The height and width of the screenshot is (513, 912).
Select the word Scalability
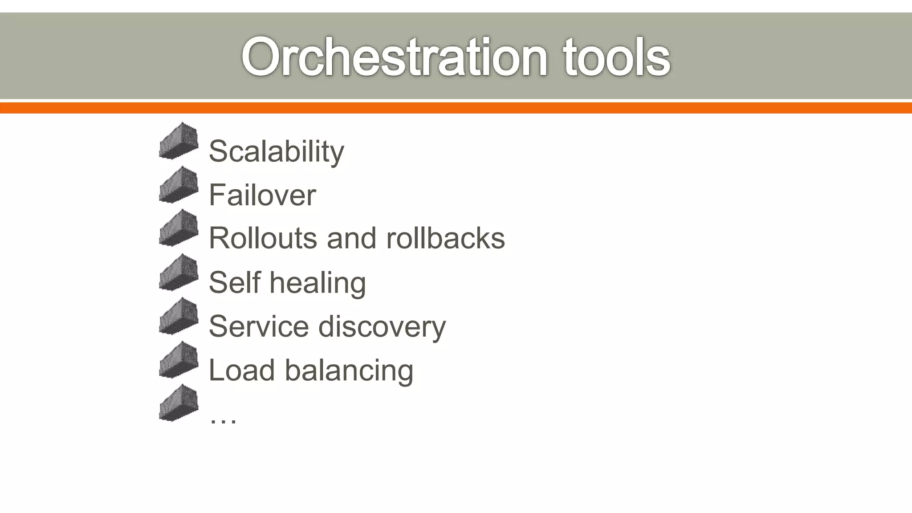[276, 151]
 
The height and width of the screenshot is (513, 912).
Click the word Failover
[262, 195]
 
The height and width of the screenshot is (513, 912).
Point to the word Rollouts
[263, 238]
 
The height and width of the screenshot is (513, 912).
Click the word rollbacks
[445, 238]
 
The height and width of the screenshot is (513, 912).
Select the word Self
[234, 282]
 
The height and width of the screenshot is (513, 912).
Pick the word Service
[258, 326]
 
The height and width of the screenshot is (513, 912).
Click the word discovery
[382, 327]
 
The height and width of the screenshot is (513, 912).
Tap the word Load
[241, 370]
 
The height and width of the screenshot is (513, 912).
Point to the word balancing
[349, 370]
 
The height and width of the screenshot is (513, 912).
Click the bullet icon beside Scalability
[179, 141]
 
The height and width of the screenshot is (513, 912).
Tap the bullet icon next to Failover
[179, 185]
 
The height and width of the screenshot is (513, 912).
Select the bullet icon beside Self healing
[179, 273]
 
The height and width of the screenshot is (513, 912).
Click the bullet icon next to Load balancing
[179, 360]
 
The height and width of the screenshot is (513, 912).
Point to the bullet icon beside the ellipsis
[179, 403]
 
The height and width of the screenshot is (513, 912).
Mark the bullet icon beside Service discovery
[179, 316]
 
